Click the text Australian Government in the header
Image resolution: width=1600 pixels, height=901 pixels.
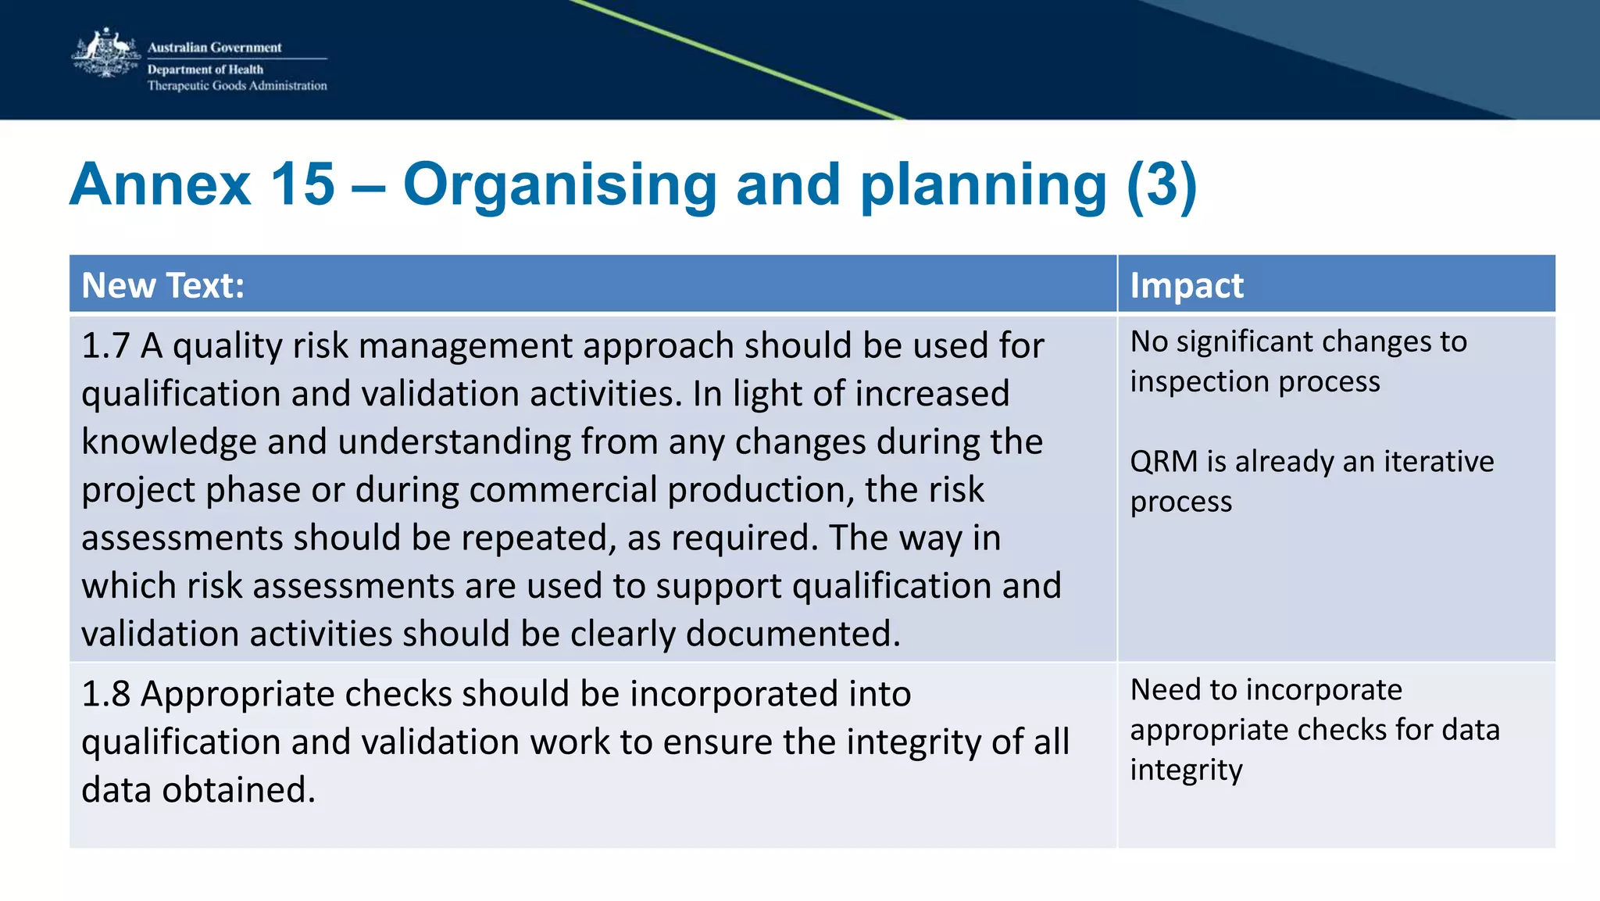[x=214, y=47]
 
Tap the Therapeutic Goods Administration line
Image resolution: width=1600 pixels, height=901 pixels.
[x=237, y=86]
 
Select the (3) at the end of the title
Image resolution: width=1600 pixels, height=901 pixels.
[x=1161, y=184]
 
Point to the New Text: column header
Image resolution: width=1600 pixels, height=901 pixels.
[x=162, y=285]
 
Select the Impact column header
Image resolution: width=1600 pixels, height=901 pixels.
[x=1186, y=285]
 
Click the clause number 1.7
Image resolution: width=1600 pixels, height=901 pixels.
[x=105, y=345]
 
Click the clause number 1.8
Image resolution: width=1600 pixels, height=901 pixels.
[x=105, y=694]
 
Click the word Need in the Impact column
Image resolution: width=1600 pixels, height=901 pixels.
[x=1164, y=690]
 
